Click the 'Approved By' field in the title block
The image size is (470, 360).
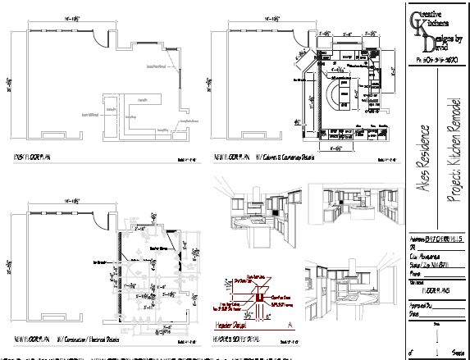(420, 304)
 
